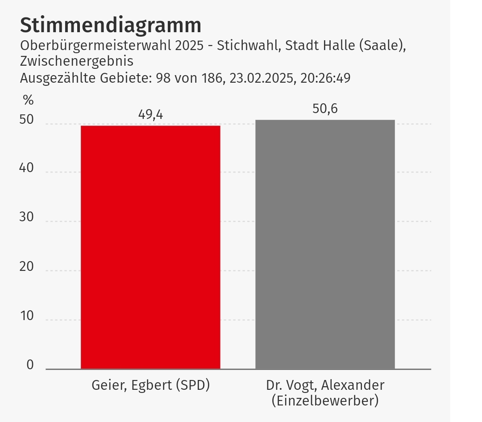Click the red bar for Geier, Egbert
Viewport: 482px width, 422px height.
point(150,247)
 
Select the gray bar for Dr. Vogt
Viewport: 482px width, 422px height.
point(325,244)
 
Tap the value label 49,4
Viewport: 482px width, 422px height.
point(150,114)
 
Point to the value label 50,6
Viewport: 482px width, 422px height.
point(325,109)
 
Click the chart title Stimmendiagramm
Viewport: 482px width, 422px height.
point(110,25)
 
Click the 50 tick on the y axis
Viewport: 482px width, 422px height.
point(27,120)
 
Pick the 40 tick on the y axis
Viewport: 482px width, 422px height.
point(27,168)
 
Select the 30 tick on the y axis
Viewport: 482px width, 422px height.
point(27,217)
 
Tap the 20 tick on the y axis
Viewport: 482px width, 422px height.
point(27,267)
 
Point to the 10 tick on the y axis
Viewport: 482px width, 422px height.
point(27,316)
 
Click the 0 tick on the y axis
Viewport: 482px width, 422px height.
point(30,365)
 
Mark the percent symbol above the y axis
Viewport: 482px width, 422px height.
point(28,100)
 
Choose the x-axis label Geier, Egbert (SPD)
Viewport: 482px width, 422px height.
point(150,385)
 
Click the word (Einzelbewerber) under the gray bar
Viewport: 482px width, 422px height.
point(325,401)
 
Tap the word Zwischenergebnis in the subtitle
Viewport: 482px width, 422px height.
point(77,61)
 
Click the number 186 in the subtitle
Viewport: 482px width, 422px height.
point(212,78)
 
